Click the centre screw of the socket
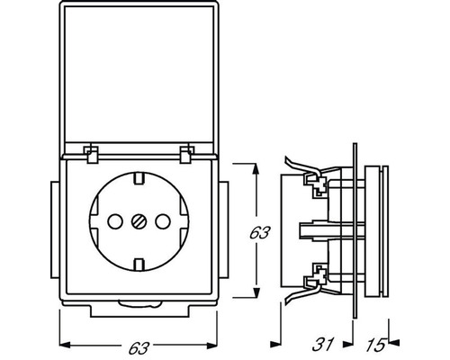(139, 221)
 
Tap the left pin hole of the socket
(114, 221)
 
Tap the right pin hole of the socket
(163, 221)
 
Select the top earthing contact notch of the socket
(139, 178)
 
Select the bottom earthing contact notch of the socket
(139, 265)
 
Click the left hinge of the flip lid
(92, 155)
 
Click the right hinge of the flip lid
(186, 155)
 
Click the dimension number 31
(322, 345)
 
